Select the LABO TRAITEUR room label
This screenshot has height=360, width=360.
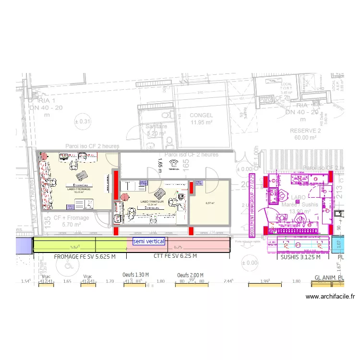(152, 202)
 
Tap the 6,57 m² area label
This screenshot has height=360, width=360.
(210, 203)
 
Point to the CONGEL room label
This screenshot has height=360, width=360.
(201, 116)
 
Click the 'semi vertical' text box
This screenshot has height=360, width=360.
(149, 241)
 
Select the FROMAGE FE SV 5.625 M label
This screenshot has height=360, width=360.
(85, 257)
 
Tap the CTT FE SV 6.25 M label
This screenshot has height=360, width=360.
(175, 257)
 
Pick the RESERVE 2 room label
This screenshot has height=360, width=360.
(305, 131)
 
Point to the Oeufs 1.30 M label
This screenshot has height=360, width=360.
(136, 275)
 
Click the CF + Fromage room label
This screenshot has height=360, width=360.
(71, 218)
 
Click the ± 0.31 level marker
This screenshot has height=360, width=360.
(82, 121)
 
